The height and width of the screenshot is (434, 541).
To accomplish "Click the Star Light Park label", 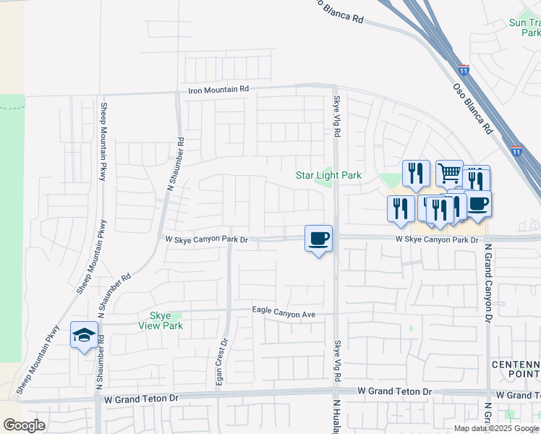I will tap(328, 176).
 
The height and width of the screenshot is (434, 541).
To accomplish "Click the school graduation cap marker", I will tap(84, 336).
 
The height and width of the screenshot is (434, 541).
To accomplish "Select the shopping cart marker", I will tap(449, 173).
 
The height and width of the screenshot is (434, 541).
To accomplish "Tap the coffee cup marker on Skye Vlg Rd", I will tap(319, 238).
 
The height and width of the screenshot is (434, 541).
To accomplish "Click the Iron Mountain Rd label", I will tap(218, 90).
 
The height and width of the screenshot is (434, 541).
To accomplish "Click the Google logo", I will tap(24, 425).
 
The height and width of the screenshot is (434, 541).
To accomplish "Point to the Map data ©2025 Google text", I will tap(496, 428).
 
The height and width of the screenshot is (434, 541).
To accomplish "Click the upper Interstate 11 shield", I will tap(464, 71).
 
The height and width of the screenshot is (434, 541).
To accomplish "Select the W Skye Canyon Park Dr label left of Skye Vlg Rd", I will tap(207, 239).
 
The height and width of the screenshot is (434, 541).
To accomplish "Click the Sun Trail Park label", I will tap(524, 27).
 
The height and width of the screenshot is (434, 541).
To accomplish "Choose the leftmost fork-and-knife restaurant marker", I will tap(400, 208).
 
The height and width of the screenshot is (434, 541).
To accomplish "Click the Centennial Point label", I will tap(516, 368).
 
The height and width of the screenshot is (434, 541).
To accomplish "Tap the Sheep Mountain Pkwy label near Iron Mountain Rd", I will tap(106, 145).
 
